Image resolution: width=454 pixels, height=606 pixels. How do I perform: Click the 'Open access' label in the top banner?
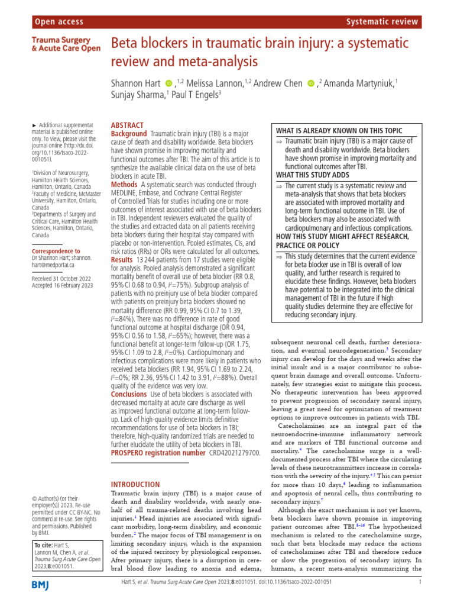pyautogui.click(x=60, y=22)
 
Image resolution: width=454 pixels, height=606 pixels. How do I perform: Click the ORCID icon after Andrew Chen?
pyautogui.click(x=311, y=83)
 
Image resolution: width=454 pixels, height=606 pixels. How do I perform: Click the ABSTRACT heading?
pyautogui.click(x=127, y=125)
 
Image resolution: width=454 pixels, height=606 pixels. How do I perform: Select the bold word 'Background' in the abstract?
pyautogui.click(x=129, y=134)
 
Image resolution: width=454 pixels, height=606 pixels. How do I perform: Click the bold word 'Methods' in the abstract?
pyautogui.click(x=124, y=185)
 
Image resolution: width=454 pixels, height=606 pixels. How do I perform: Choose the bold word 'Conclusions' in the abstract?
pyautogui.click(x=130, y=394)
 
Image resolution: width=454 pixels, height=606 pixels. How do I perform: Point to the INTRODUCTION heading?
pyautogui.click(x=135, y=484)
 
